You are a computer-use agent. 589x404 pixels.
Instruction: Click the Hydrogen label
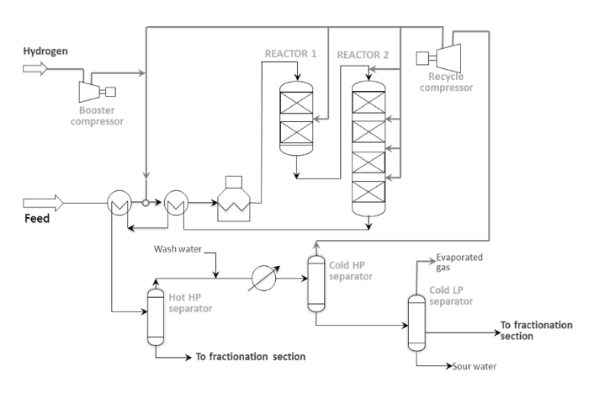tap(45, 51)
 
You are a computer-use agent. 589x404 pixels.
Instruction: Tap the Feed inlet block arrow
tap(43, 203)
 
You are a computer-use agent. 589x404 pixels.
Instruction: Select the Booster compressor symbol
tap(98, 92)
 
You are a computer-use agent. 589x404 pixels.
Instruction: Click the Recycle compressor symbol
tap(438, 58)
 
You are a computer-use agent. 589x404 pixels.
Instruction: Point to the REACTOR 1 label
tap(291, 54)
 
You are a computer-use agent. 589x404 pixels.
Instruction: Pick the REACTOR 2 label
tap(363, 55)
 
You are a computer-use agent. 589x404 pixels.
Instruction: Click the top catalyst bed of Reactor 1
tap(296, 102)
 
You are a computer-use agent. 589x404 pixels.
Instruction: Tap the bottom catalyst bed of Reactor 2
tap(369, 192)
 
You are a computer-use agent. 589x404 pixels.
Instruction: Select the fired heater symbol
tap(234, 199)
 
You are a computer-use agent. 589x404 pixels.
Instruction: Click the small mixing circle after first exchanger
tap(146, 203)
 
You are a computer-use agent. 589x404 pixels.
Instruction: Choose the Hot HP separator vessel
tap(156, 316)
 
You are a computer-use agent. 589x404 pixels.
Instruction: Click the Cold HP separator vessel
tap(316, 284)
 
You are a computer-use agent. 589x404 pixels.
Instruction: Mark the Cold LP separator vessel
tap(417, 323)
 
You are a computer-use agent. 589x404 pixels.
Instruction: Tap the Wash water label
tap(178, 249)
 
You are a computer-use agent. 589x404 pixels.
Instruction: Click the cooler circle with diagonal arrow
tap(263, 279)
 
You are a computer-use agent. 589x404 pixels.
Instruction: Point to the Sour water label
tap(474, 366)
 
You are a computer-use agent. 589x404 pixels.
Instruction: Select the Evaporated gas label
tap(459, 263)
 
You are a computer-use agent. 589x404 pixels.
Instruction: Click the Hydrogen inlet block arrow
tap(35, 69)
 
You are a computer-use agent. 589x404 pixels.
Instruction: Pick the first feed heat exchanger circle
tap(119, 203)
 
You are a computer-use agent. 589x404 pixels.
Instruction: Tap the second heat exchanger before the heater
tap(176, 203)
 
